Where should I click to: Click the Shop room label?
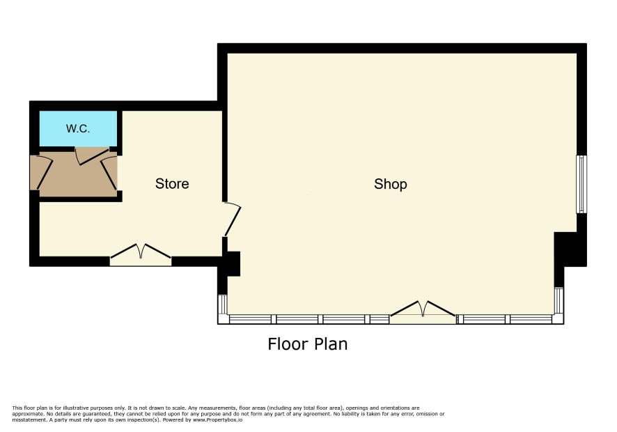click(391, 184)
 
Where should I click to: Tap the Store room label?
click(172, 183)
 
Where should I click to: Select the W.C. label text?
click(78, 128)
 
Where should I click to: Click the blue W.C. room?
click(78, 128)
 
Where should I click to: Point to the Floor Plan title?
click(308, 344)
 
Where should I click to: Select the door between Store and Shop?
click(232, 219)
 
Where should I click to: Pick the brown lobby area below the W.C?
click(78, 174)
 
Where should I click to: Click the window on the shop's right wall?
click(581, 185)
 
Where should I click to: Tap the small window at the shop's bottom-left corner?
click(223, 304)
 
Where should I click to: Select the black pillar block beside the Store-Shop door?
click(232, 264)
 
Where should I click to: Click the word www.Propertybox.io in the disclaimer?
click(217, 419)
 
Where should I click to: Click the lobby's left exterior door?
click(42, 173)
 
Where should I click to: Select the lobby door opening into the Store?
click(109, 173)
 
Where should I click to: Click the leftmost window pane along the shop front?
click(250, 319)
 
